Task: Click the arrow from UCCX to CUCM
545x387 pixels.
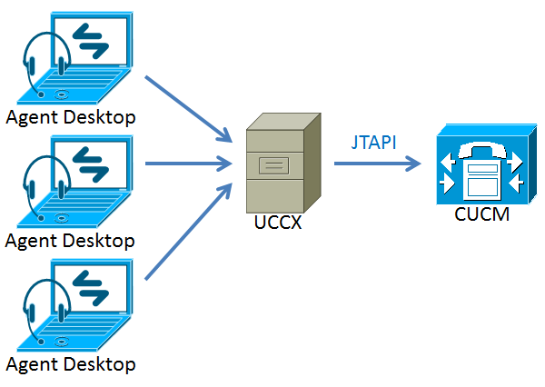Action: click(x=377, y=164)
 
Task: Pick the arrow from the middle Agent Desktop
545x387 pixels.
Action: click(x=186, y=164)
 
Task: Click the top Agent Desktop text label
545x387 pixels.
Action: click(x=70, y=117)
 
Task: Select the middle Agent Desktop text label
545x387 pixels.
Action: click(x=70, y=241)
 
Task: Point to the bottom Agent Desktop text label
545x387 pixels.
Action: click(x=70, y=365)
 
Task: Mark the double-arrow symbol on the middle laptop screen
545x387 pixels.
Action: click(x=91, y=164)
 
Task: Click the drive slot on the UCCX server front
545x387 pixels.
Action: click(x=273, y=165)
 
